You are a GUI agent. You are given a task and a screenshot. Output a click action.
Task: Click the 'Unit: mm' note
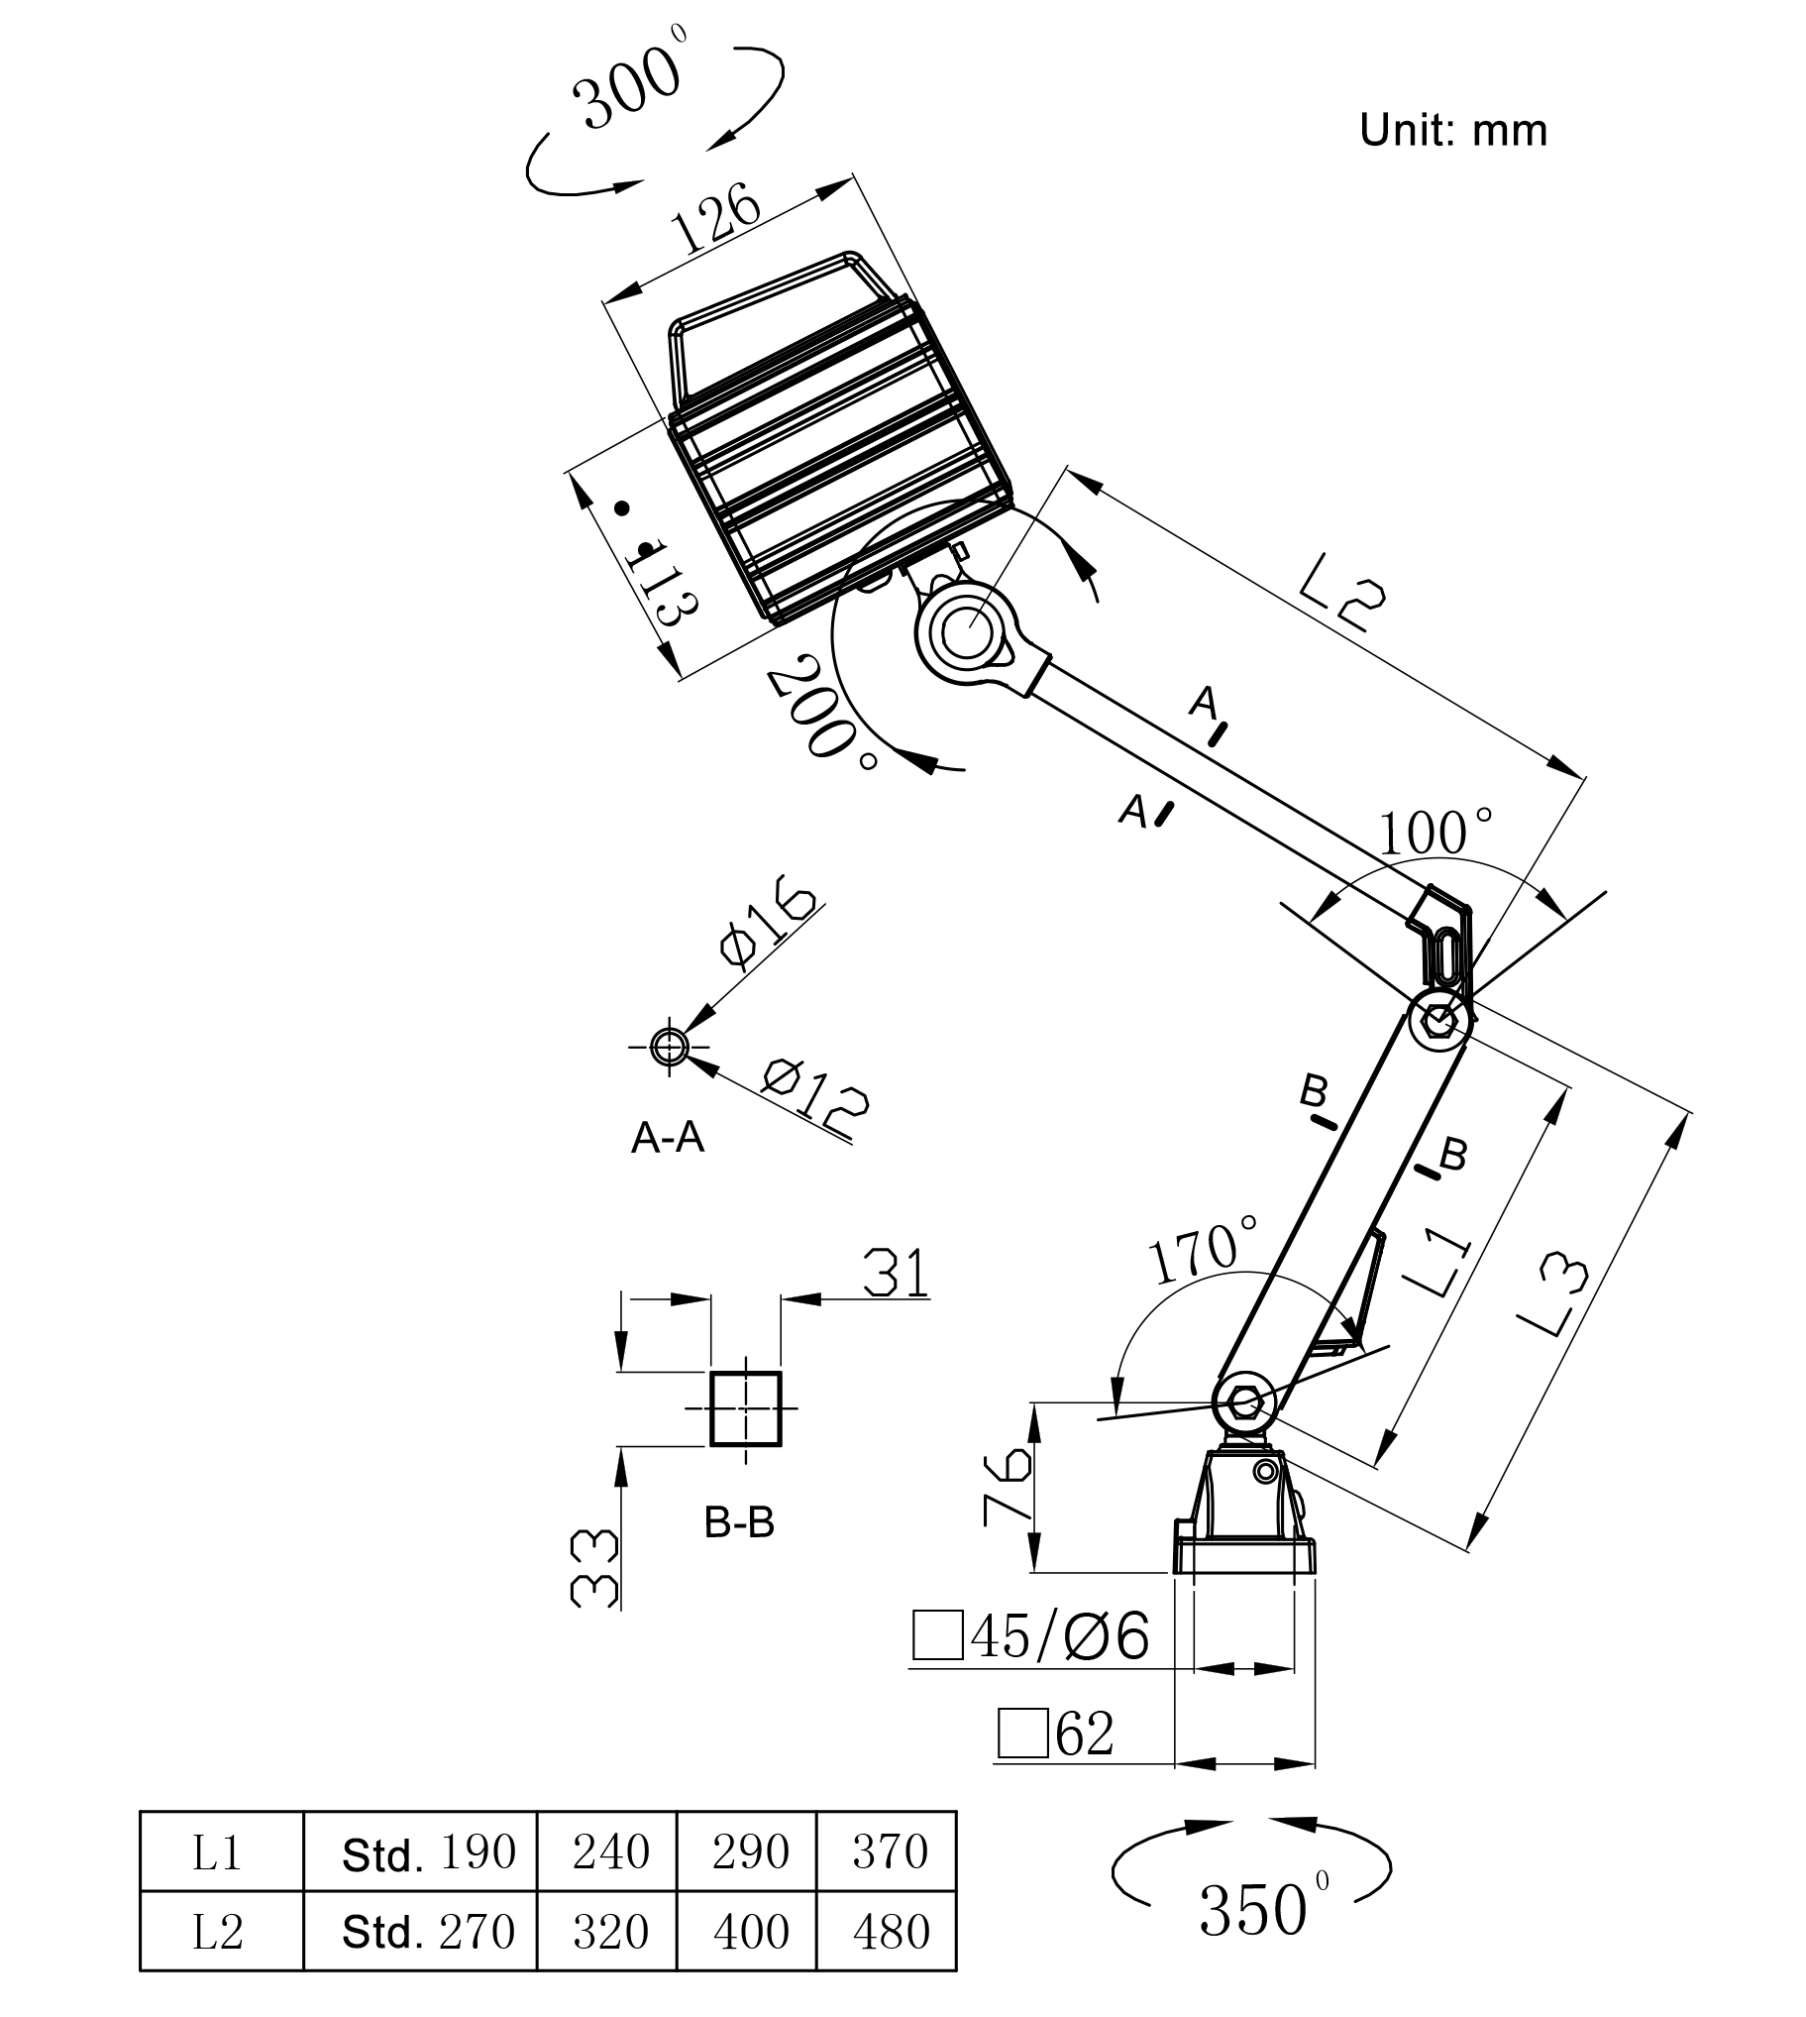click(x=1452, y=131)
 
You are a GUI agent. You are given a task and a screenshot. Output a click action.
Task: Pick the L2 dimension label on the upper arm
click(x=1341, y=593)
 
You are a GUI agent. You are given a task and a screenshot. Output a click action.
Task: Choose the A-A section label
click(x=668, y=1138)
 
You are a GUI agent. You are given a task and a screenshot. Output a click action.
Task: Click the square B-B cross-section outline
click(x=746, y=1408)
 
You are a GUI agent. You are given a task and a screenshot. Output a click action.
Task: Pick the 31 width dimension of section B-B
click(x=896, y=1275)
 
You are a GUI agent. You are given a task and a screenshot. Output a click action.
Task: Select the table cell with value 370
click(x=888, y=1851)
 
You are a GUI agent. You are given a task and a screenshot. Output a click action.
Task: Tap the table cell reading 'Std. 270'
click(x=428, y=1931)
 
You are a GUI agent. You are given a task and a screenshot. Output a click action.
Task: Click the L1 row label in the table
click(x=217, y=1851)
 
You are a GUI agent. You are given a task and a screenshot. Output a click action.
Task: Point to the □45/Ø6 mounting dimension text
click(x=1032, y=1634)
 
